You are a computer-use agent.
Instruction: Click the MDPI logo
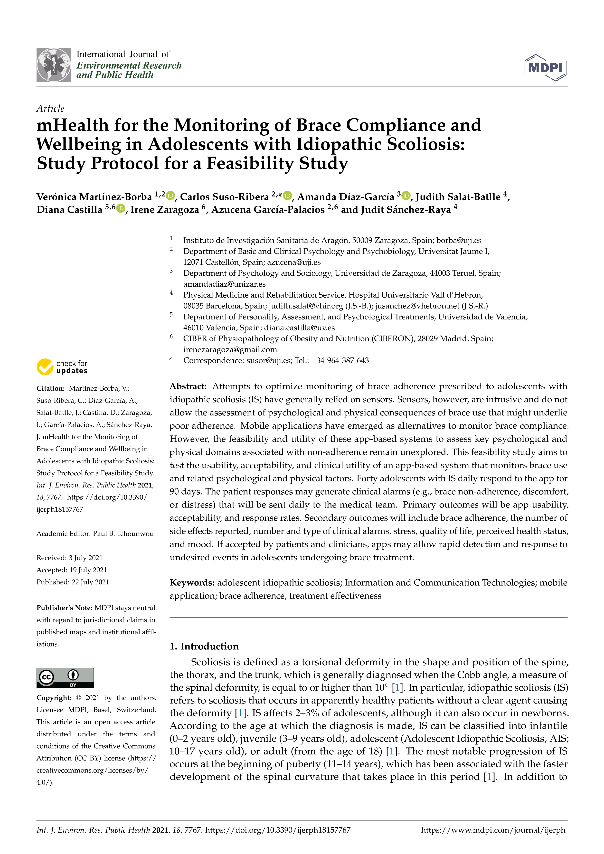tap(545, 68)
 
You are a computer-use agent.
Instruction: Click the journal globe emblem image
tap(54, 65)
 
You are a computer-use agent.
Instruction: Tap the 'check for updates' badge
tap(62, 367)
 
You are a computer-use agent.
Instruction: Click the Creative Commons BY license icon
tap(65, 677)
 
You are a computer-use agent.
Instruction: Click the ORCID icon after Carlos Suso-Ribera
tap(287, 195)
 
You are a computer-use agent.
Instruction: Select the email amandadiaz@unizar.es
tap(224, 284)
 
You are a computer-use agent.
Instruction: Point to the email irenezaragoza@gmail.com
tap(230, 350)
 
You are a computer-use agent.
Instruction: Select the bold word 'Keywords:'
tap(192, 583)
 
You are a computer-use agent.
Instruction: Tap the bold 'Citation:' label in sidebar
tap(51, 388)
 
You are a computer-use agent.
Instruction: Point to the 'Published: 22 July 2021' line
tap(73, 582)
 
